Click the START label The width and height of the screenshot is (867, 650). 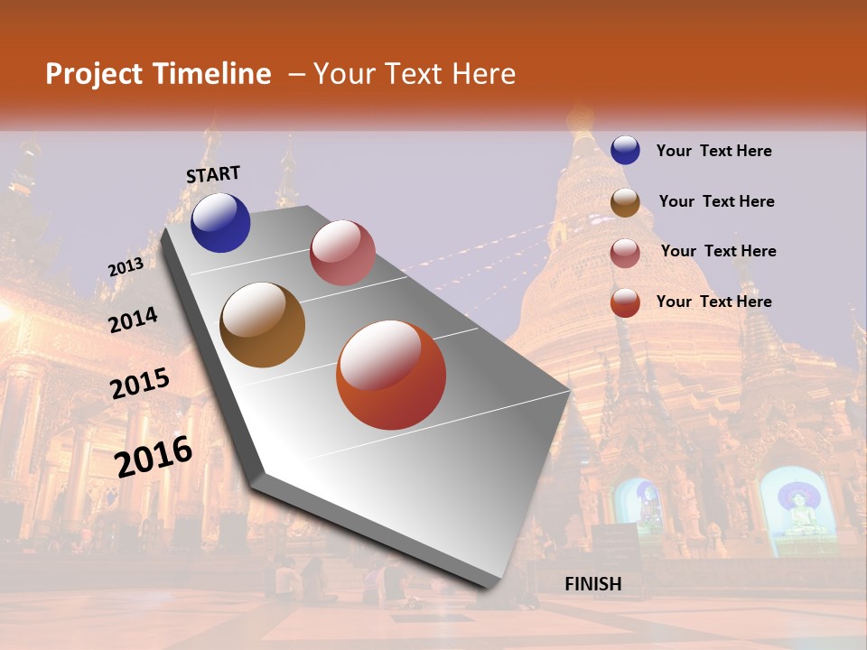[213, 174]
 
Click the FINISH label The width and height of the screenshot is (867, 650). [593, 584]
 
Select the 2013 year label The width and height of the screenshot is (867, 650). [126, 267]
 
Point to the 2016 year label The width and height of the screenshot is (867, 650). [154, 456]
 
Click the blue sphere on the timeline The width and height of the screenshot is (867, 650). [220, 222]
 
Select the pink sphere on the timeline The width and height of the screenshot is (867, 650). [342, 253]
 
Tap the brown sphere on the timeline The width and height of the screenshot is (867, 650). [263, 325]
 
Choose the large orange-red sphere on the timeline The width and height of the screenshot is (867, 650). [391, 375]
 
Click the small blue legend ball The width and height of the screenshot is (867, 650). [625, 151]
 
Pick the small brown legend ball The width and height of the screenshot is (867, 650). [625, 202]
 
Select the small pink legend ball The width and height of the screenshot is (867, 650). [625, 252]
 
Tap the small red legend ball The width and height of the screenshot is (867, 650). [625, 302]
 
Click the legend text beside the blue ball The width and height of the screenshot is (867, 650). [713, 151]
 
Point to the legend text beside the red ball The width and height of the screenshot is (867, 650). [713, 302]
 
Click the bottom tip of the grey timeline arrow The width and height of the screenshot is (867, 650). [489, 585]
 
